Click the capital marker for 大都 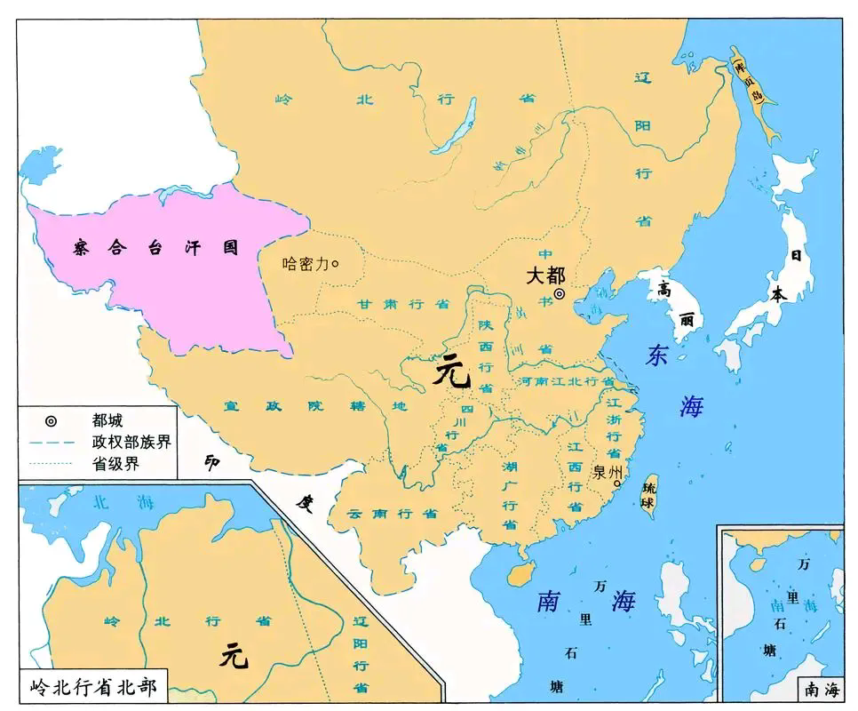[560, 294]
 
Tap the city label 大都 [544, 275]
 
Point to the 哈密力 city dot [335, 263]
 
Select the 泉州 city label [606, 472]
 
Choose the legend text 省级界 [115, 463]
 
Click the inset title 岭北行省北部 [85, 687]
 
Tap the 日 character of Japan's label [797, 255]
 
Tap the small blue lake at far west [36, 164]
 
